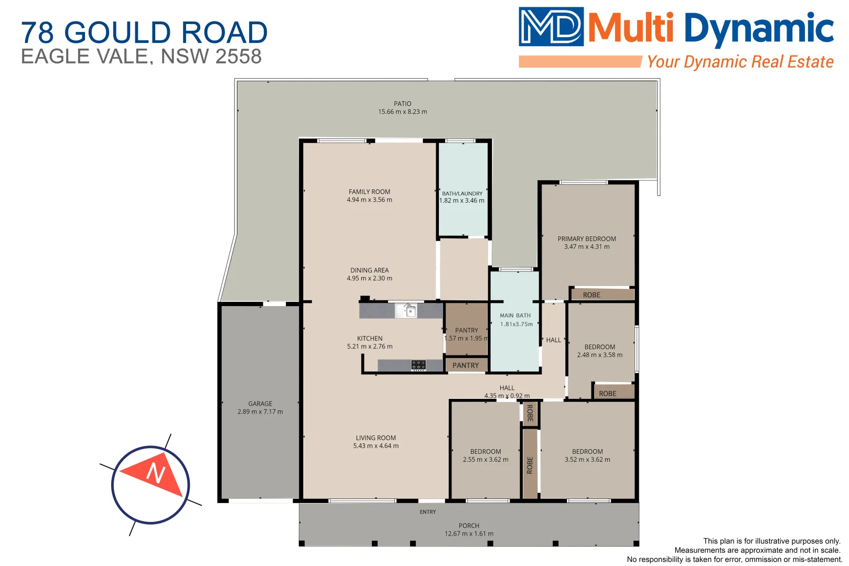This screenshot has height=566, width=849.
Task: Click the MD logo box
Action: coord(551,26)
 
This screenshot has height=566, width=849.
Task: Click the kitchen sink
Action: coord(406,311)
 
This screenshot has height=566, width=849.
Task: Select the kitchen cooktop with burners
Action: coord(418,365)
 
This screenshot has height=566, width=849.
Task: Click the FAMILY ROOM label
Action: coord(369,192)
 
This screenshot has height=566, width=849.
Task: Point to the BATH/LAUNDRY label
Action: coord(462,193)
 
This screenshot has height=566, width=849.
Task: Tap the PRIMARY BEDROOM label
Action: coord(587,239)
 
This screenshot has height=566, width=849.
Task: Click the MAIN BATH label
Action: coord(515,315)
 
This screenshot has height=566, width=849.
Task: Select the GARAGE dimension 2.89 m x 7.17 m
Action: coord(260,412)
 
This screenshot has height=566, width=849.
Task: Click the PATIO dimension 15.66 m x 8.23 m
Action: coord(402,112)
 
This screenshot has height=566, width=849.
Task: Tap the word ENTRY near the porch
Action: coord(428,512)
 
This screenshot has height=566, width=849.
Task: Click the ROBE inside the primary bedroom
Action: coord(592,295)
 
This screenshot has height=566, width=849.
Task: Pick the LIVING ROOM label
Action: coord(376,438)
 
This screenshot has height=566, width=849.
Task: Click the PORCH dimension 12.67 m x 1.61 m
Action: coord(469,534)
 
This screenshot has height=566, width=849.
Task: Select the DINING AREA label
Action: coord(370,270)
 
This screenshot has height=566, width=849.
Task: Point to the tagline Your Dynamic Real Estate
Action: coord(740,62)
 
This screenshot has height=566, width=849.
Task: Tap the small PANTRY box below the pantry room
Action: coord(466,365)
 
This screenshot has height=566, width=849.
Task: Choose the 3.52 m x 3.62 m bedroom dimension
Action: coord(587,460)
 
